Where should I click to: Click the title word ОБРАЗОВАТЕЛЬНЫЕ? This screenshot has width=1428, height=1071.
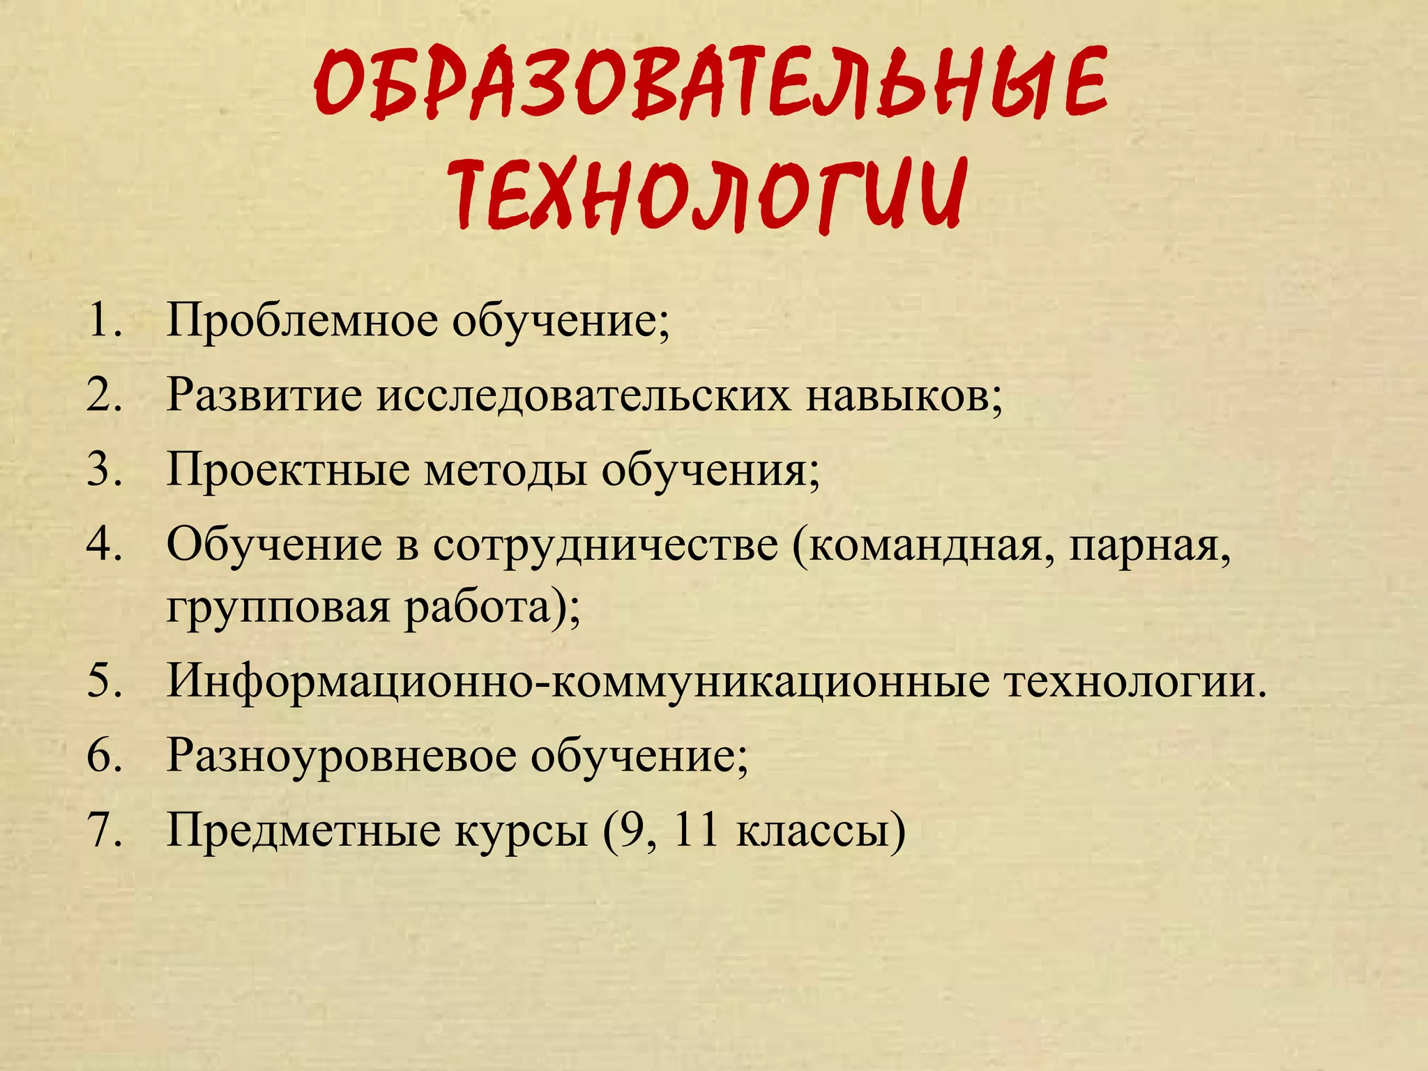(711, 84)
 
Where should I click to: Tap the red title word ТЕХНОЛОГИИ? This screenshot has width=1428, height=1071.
(709, 194)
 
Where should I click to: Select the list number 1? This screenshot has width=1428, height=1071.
(104, 321)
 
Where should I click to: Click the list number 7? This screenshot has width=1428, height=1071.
(104, 830)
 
